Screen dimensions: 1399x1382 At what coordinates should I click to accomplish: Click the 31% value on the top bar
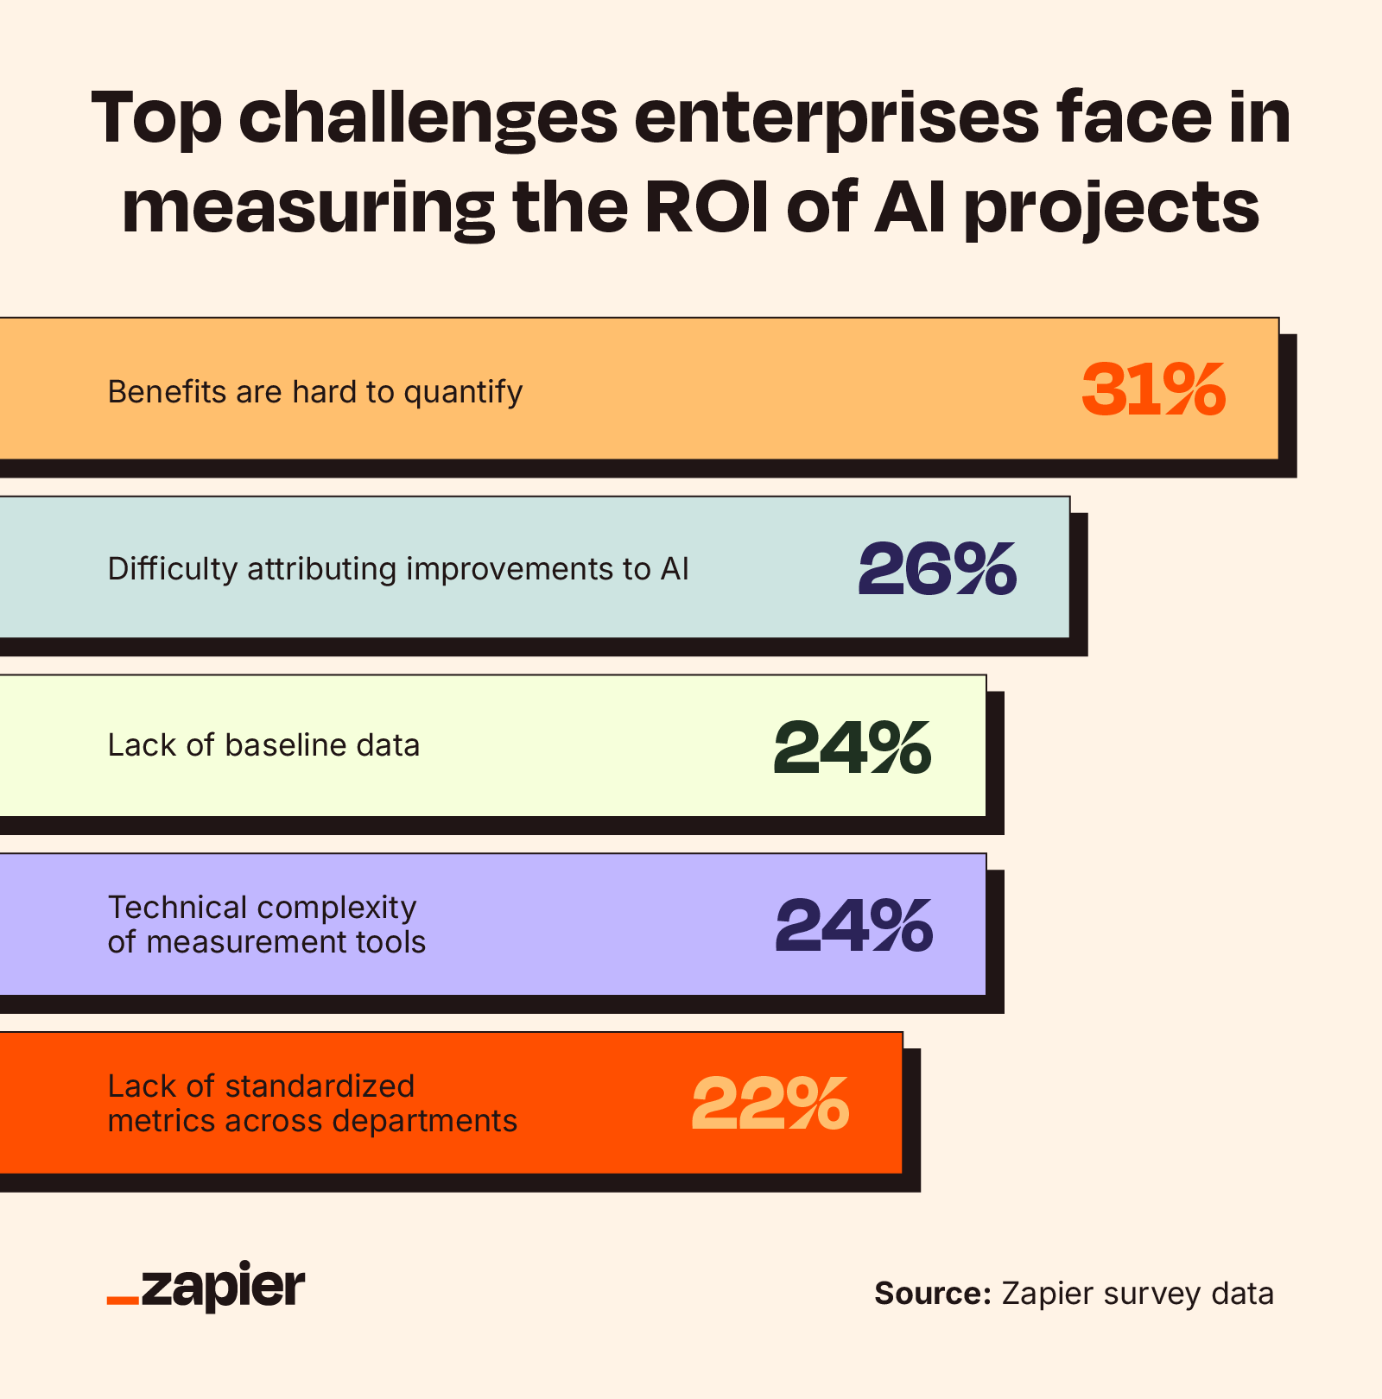[x=1153, y=390]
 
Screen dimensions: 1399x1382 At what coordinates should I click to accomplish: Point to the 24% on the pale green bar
[x=853, y=747]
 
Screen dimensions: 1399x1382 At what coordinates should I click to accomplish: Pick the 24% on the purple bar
[x=854, y=926]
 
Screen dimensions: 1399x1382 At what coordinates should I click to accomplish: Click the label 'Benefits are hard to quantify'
[x=314, y=392]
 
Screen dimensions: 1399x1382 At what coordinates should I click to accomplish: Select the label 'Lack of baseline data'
[x=263, y=744]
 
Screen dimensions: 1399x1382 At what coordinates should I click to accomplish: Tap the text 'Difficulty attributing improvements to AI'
[x=398, y=569]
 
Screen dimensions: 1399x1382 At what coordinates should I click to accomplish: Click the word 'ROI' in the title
[x=707, y=207]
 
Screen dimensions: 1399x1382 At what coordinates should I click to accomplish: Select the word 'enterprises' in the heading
[x=837, y=118]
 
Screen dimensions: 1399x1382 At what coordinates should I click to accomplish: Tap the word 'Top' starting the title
[x=156, y=118]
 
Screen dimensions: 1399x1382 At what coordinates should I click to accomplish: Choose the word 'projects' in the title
[x=1112, y=207]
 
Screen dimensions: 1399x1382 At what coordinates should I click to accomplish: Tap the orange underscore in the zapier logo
[x=123, y=1300]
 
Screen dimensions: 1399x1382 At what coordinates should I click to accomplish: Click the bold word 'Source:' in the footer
[x=932, y=1294]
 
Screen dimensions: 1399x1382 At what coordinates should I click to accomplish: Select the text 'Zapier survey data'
[x=1137, y=1294]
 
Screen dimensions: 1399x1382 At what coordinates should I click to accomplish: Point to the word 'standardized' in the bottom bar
[x=321, y=1086]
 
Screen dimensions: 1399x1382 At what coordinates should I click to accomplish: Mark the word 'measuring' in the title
[x=307, y=207]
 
